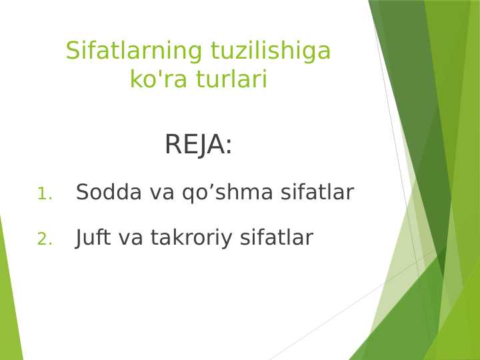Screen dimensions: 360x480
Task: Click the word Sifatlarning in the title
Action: (135, 51)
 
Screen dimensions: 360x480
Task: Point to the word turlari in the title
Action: (231, 80)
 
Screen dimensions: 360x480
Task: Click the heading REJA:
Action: (198, 145)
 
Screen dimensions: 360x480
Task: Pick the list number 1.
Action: (43, 194)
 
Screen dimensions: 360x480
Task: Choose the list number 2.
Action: (44, 239)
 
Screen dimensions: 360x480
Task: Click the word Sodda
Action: (109, 192)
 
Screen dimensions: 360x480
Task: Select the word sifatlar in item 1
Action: (317, 192)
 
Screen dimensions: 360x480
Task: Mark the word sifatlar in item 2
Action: (276, 237)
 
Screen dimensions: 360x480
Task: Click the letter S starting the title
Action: (72, 51)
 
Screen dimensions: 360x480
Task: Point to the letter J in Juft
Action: (79, 237)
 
